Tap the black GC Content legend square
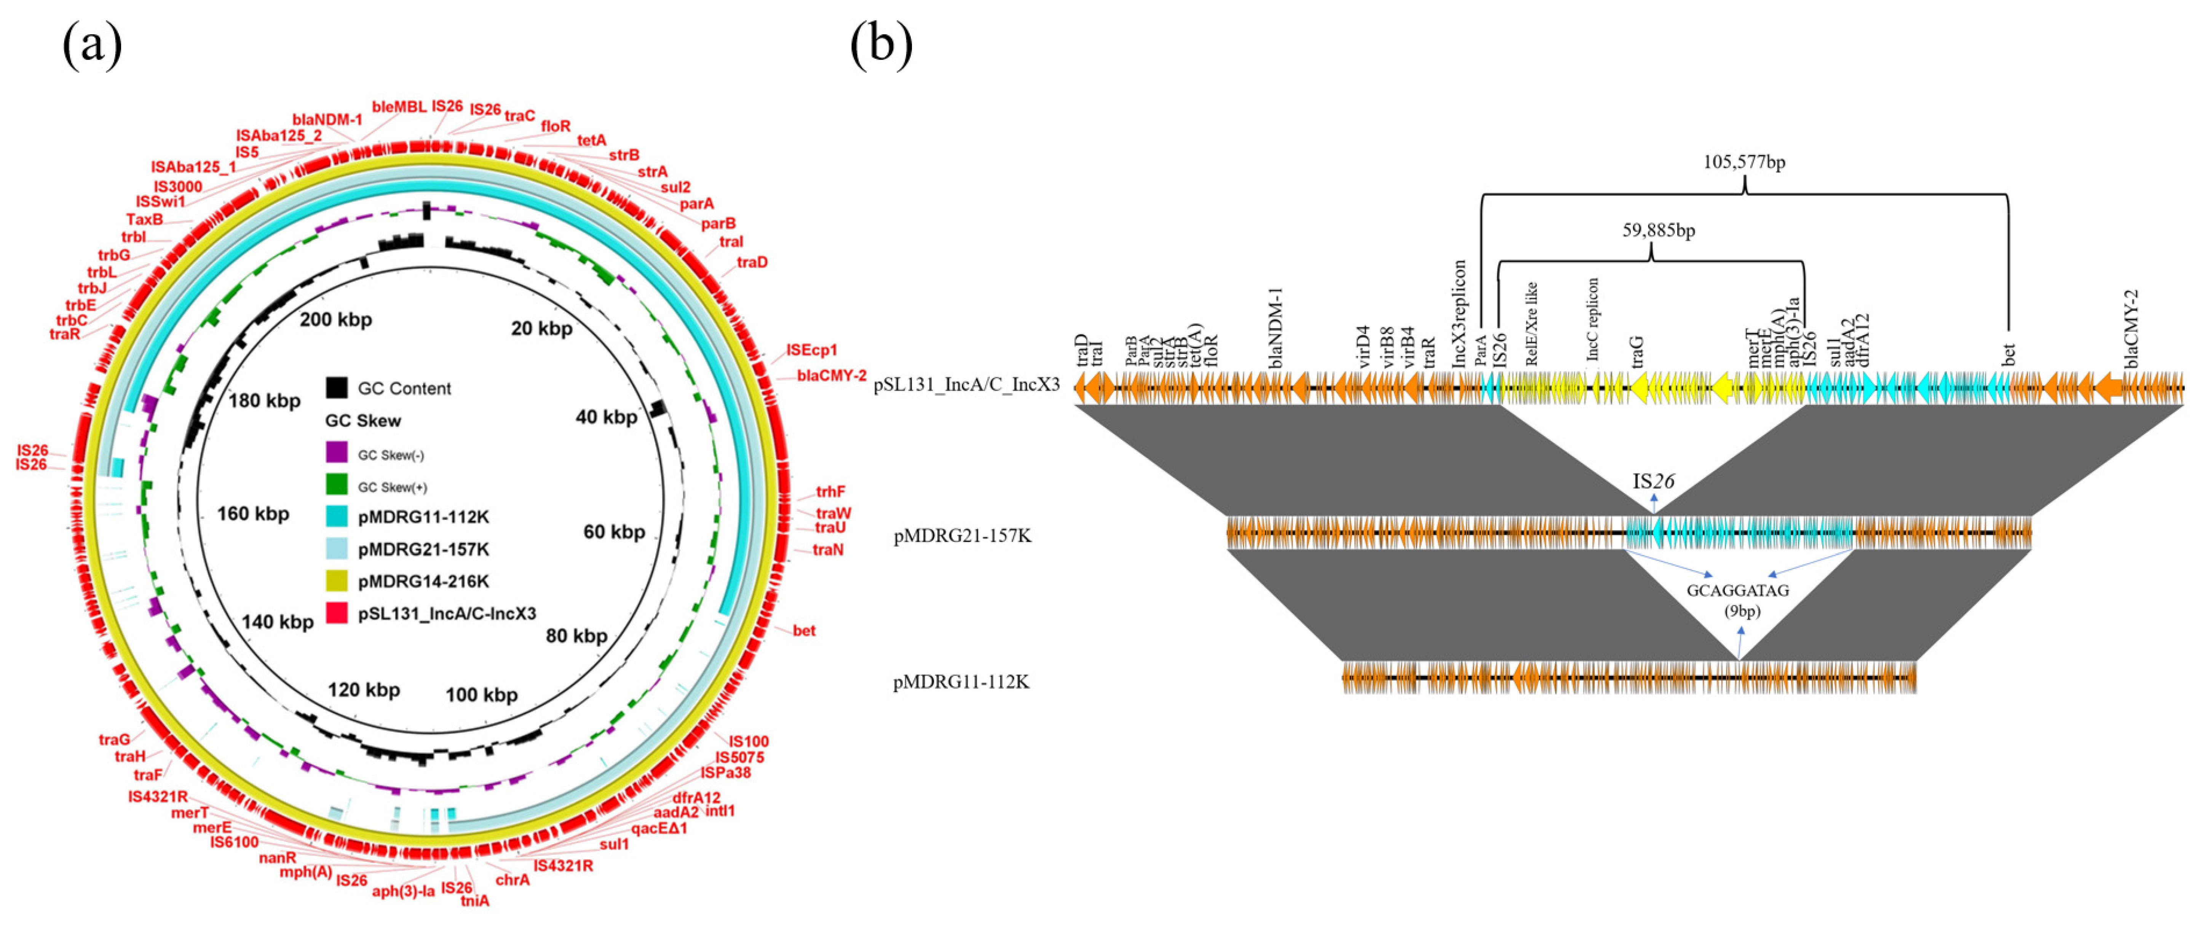point(337,388)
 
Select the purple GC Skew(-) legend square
point(337,453)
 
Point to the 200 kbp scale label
point(336,320)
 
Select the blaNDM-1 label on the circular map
point(327,120)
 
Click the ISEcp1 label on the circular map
point(812,350)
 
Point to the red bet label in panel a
point(803,631)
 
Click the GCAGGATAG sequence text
point(1737,590)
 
